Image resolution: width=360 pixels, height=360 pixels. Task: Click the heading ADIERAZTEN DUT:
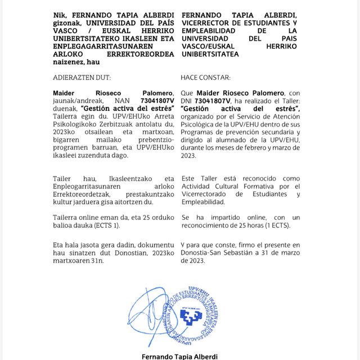pyautogui.click(x=82, y=77)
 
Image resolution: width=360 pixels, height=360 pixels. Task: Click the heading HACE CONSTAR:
pyautogui.click(x=206, y=77)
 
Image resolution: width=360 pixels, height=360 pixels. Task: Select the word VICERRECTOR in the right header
pyautogui.click(x=206, y=22)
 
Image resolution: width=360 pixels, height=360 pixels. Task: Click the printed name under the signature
pyautogui.click(x=179, y=356)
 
